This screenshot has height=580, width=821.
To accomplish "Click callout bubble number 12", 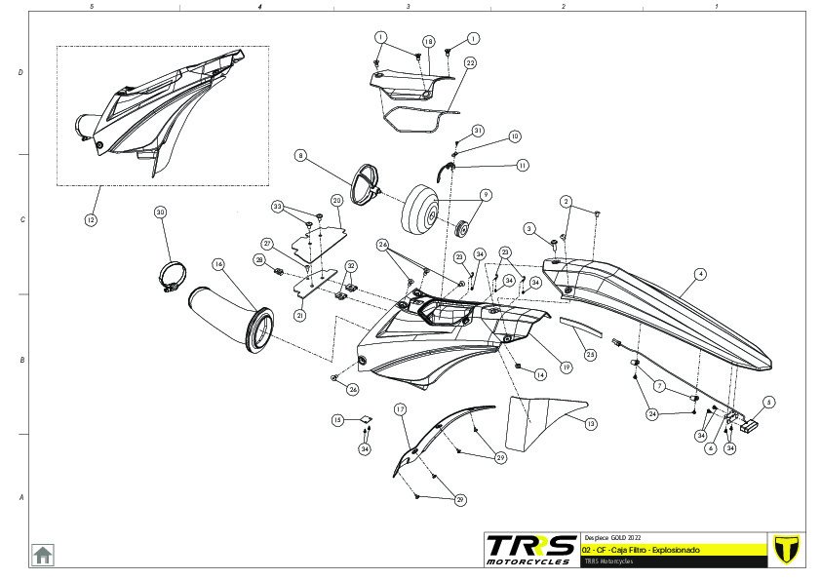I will [91, 220].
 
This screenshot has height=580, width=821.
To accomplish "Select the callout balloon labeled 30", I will [161, 212].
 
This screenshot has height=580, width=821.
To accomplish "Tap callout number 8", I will [301, 155].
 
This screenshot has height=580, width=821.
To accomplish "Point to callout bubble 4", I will [700, 275].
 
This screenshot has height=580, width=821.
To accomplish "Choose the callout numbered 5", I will [769, 401].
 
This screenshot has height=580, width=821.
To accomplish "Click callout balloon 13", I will [590, 423].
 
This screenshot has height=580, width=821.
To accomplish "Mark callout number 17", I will [400, 409].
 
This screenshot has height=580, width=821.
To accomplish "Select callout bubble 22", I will [470, 62].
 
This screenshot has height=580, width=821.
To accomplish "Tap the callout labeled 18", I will [428, 41].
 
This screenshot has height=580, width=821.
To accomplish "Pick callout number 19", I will [566, 367].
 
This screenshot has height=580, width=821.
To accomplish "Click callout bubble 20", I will [336, 200].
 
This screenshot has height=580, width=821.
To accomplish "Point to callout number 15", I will [337, 420].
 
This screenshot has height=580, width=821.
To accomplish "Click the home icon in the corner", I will [43, 554].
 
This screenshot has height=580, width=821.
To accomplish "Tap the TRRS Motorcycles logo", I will [530, 549].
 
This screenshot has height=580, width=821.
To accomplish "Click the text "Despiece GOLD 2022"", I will [612, 537].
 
